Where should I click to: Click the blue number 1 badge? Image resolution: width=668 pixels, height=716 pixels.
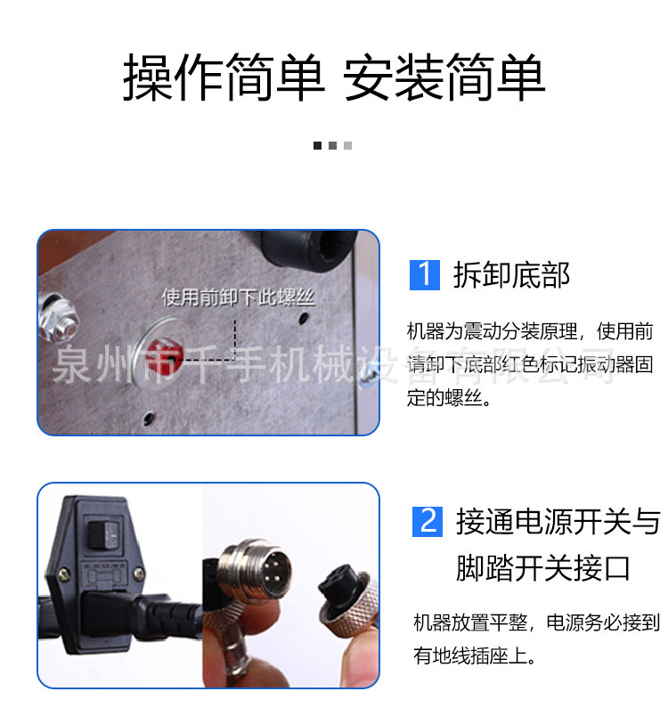point(425,274)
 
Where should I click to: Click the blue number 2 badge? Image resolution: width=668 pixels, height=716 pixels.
point(428,520)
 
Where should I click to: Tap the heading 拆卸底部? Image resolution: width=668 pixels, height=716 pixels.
point(511,275)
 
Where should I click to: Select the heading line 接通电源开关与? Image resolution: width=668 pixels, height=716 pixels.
point(558,521)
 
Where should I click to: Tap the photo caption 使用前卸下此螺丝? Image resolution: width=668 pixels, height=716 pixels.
point(238,297)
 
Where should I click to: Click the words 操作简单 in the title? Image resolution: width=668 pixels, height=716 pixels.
point(224,77)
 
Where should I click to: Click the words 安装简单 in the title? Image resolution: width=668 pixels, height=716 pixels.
point(444,77)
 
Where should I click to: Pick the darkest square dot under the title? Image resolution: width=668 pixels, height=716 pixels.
point(317,145)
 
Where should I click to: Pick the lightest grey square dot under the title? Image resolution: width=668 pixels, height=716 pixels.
point(347,145)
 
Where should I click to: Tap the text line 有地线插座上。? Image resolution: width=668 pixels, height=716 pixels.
point(474,657)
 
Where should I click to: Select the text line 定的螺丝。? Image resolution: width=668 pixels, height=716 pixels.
point(449,399)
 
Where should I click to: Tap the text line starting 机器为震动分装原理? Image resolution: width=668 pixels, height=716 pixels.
point(530,332)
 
